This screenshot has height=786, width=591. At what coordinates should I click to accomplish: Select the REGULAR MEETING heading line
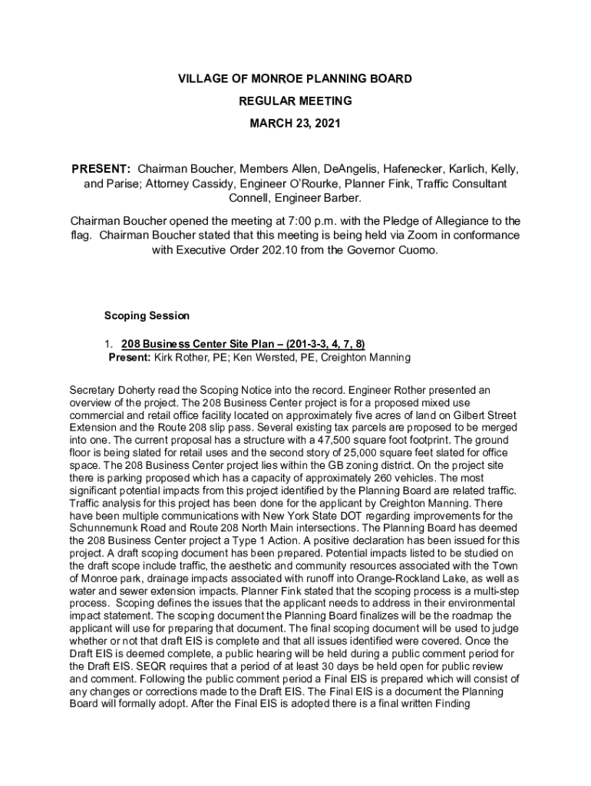pyautogui.click(x=295, y=101)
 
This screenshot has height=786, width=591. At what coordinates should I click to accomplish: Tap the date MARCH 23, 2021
pyautogui.click(x=295, y=123)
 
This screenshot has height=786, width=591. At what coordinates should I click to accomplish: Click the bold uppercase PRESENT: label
pyautogui.click(x=101, y=168)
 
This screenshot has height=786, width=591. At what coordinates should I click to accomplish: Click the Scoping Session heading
pyautogui.click(x=147, y=315)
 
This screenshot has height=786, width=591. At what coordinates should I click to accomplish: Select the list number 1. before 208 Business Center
pyautogui.click(x=111, y=343)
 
